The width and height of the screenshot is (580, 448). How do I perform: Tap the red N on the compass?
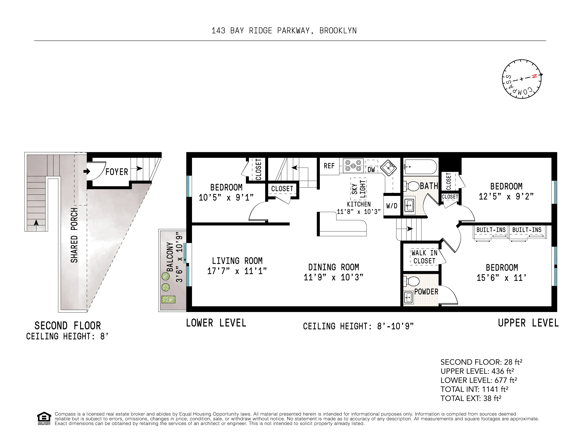click(534, 76)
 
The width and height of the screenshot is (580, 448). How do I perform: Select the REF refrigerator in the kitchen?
click(329, 166)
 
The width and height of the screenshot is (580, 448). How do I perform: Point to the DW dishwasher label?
click(371, 170)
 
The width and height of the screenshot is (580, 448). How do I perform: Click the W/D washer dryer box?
click(392, 206)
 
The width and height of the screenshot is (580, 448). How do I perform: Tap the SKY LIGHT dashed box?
click(359, 189)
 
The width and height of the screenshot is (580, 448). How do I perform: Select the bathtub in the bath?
click(420, 167)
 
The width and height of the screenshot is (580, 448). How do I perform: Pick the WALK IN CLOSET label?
click(424, 257)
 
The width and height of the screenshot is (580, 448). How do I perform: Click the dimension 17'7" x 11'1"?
click(237, 271)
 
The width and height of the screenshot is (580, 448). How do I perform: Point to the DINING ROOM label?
click(334, 267)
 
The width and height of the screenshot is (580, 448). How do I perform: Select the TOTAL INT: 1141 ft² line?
click(474, 389)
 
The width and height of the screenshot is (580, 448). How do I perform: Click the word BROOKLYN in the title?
click(338, 31)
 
